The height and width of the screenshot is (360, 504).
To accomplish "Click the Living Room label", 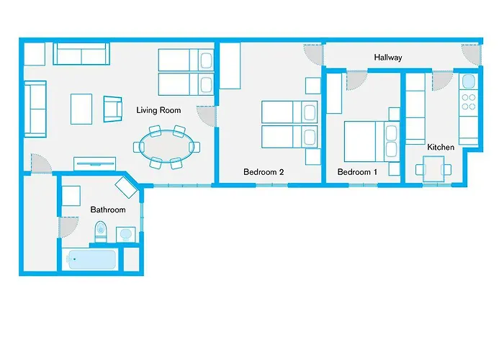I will point(158,110).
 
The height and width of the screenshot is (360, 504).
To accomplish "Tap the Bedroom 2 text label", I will point(264,172).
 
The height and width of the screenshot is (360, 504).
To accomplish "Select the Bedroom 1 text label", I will point(357,172).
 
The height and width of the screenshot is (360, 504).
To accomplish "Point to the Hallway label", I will point(387,58).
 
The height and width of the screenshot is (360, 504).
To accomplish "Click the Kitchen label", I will point(441,147).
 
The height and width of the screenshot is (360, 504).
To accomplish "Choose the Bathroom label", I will point(107,210).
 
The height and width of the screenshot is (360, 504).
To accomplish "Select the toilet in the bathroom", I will point(101,232).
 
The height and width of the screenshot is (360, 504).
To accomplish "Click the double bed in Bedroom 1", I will point(371,141).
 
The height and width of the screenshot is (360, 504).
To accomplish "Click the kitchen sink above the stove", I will point(468,81).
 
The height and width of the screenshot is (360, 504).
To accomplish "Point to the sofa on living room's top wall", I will point(81,55).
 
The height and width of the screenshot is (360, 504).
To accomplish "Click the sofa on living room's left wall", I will point(35,109).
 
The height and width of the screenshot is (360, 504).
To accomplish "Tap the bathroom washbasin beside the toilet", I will point(125,235).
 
